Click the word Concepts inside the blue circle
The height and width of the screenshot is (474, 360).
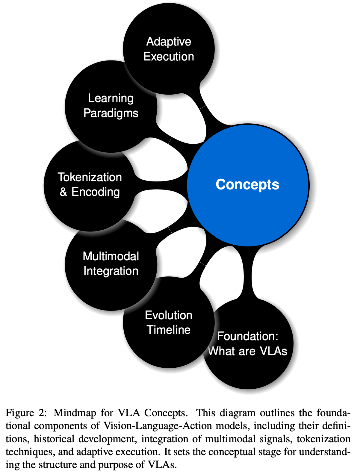pos(247,184)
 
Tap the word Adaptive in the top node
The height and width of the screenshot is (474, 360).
pos(169,42)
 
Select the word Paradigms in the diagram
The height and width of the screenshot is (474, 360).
pos(111,113)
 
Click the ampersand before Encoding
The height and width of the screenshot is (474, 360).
pos(63,192)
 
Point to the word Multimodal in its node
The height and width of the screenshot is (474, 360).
pos(111,256)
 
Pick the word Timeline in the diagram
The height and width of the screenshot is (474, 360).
pos(169,330)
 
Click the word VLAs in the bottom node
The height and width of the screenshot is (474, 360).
pos(273,351)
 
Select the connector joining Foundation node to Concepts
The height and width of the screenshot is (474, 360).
pos(248,276)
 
